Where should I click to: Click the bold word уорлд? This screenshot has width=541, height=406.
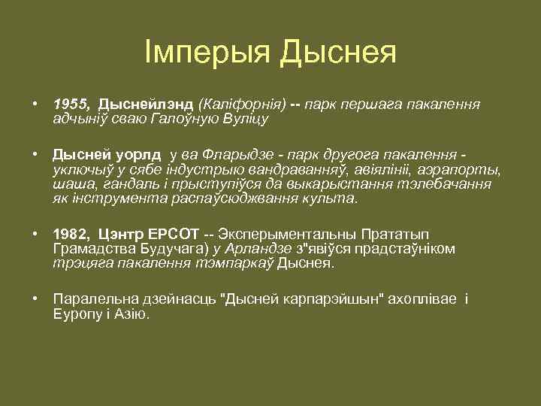click(x=138, y=154)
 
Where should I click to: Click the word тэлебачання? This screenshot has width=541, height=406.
click(x=452, y=185)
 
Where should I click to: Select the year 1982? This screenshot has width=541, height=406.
click(x=70, y=235)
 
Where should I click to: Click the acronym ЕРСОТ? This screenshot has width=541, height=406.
click(x=175, y=235)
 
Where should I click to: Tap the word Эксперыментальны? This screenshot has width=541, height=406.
click(x=286, y=235)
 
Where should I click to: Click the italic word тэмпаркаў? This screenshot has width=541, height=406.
click(x=237, y=264)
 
